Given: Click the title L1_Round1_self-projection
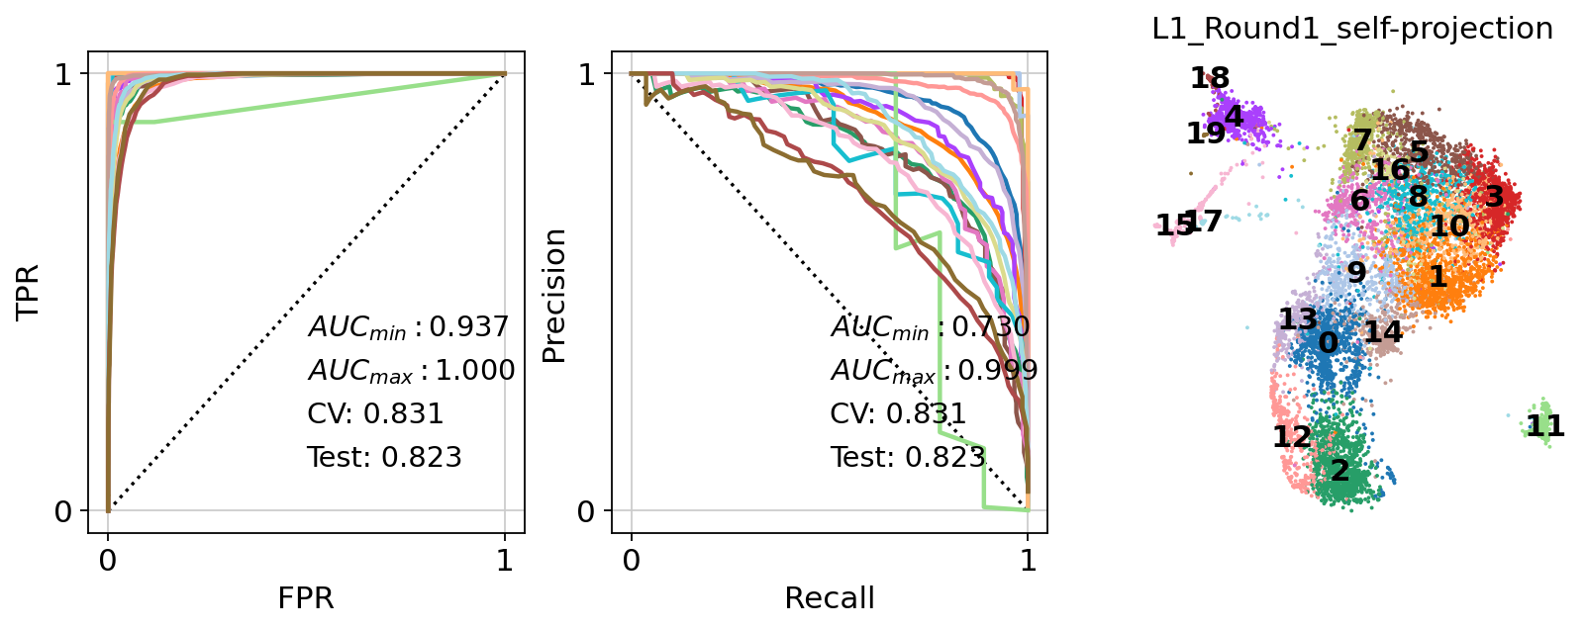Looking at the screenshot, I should pos(1352,30).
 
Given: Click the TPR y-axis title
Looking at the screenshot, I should pos(29,291).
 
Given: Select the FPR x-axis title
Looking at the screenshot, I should pos(306,598).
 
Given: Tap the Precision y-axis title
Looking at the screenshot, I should pos(554,296).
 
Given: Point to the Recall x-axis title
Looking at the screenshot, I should pos(830,598).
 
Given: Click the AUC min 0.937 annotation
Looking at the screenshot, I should pos(409,327).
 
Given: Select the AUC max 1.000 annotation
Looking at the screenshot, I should pos(411,371).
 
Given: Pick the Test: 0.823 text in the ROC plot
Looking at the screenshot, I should pos(384,457).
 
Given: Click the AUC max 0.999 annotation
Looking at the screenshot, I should pos(934,371).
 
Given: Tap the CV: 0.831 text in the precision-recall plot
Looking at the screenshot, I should pos(898,413).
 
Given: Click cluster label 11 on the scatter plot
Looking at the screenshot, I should pos(1544,426).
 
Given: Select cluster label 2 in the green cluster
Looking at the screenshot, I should pos(1339,471).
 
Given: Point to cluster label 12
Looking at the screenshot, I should pos(1292,436).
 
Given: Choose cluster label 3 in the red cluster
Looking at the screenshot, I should pos(1494,196).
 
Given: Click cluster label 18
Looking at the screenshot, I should pos(1210,78).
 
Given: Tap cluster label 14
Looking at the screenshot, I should pos(1383,331).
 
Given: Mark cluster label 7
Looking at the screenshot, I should pos(1362,140).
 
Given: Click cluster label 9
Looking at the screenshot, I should pos(1356,272).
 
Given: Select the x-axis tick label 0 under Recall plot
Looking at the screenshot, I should pos(632,561).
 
